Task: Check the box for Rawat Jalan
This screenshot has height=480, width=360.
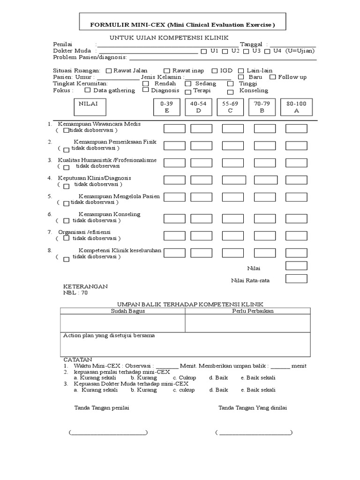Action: tap(109, 71)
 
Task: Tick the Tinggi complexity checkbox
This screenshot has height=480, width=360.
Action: tap(229, 83)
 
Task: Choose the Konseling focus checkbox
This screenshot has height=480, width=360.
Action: tap(230, 91)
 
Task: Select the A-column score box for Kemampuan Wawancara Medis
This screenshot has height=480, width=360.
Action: tap(296, 128)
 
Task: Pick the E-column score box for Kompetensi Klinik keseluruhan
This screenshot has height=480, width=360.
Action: tap(174, 253)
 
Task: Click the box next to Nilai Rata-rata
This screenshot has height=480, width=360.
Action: tap(296, 279)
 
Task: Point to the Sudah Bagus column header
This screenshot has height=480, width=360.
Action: tap(127, 311)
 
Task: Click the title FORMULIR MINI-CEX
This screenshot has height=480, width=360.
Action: tap(183, 24)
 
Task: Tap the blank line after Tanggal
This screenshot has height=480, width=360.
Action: tap(292, 45)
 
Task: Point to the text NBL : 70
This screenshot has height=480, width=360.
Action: tap(75, 293)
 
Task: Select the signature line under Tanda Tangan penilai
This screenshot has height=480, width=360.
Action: tap(108, 432)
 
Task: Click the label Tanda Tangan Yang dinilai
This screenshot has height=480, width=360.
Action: tap(253, 408)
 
